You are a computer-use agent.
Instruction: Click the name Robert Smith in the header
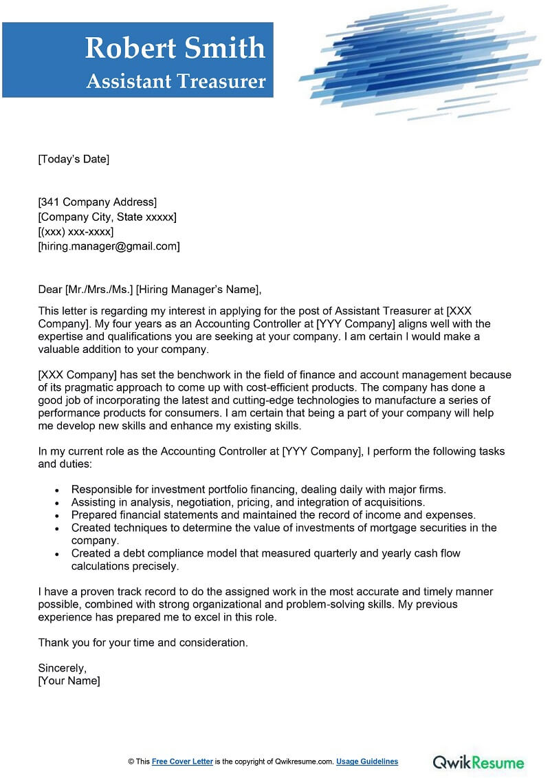point(175,47)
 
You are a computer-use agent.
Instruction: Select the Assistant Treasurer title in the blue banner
point(176,81)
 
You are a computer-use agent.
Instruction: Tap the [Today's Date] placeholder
point(74,160)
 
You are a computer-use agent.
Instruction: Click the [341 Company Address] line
point(97,202)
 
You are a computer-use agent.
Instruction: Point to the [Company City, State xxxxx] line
point(107,217)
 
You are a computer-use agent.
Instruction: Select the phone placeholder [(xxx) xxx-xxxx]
point(76,232)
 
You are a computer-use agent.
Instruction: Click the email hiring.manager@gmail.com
point(109,246)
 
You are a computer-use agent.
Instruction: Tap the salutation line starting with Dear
point(150,289)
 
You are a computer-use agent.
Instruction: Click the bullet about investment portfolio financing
point(258,490)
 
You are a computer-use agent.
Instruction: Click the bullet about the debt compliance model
point(265,553)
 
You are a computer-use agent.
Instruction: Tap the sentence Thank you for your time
point(142,642)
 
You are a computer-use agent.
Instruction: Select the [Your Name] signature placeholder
point(69,681)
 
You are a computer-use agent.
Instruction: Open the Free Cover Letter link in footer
point(182,761)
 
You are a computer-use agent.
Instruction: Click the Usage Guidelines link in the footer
point(366,761)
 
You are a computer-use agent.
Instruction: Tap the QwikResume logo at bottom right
point(478,761)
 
